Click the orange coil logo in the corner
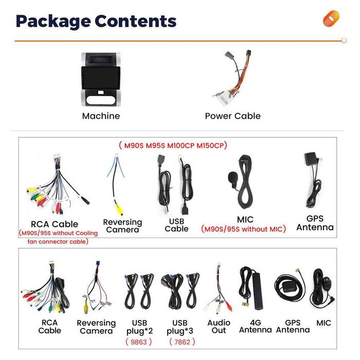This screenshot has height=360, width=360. [331, 19]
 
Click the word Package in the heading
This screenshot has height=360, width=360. [53, 22]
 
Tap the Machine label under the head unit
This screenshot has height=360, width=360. [101, 116]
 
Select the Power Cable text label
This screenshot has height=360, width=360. [233, 116]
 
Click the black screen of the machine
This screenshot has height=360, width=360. [101, 78]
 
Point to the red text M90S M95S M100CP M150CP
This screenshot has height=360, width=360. [173, 146]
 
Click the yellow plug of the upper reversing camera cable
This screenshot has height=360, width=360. [119, 209]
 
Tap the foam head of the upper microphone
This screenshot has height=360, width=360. [232, 177]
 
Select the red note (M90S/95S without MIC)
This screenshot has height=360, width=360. [243, 229]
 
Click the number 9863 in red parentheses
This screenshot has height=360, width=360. [139, 342]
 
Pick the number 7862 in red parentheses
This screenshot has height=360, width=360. [182, 342]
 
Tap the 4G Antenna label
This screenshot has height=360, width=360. [255, 326]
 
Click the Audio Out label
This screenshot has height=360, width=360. [219, 327]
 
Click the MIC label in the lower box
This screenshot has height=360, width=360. [323, 323]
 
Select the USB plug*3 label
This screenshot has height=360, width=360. [180, 327]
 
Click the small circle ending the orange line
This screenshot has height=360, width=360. [344, 41]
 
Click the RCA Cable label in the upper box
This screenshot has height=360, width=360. [55, 224]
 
